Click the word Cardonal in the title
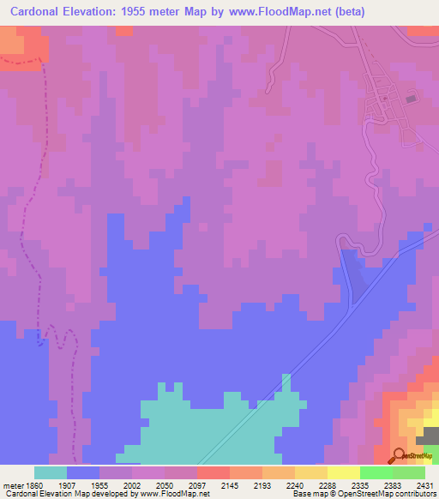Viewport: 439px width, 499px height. (39, 12)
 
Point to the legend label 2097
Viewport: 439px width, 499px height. (196, 484)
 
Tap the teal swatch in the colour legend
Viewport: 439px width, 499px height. (51, 472)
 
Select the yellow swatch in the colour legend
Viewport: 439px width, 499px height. (343, 472)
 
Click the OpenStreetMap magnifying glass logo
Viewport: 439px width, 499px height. (398, 454)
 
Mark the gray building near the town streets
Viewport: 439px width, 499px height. (409, 99)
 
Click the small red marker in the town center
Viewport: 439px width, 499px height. (385, 98)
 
